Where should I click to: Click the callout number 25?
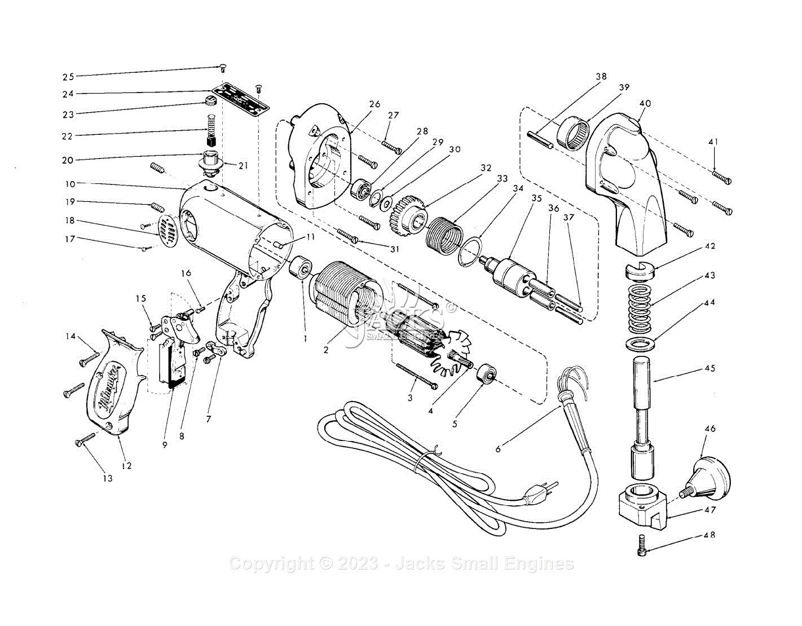point(68,77)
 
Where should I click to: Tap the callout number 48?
point(710,535)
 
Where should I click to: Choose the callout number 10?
point(69,184)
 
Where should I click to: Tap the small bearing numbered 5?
point(486,374)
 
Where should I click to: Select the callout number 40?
point(645,103)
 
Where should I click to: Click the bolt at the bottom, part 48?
point(642,544)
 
